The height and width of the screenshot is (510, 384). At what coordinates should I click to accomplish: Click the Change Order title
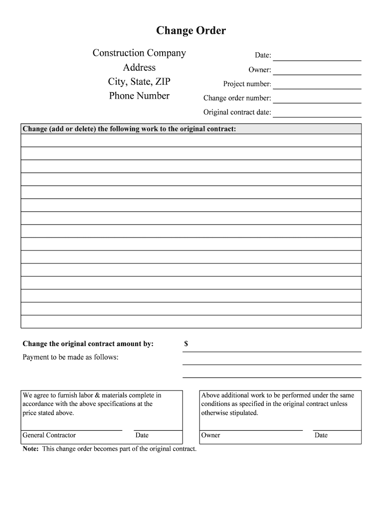(x=191, y=31)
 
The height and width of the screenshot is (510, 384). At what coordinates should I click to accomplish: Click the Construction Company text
(x=139, y=53)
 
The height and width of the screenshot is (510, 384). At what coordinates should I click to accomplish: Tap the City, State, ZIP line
(x=139, y=82)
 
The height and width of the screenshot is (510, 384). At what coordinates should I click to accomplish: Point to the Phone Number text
(x=139, y=96)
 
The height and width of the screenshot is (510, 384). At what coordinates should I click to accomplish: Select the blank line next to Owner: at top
(x=317, y=71)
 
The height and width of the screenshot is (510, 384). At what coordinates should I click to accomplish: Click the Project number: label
(x=247, y=84)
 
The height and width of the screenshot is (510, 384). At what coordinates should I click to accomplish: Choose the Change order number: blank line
(x=317, y=99)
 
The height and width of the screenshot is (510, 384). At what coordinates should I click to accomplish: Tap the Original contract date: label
(x=237, y=113)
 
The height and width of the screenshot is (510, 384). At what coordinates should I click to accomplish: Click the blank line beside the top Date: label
(x=317, y=56)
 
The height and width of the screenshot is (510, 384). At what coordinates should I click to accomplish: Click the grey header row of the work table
(x=191, y=129)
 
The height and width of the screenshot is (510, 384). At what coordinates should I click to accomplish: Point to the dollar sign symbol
(x=186, y=344)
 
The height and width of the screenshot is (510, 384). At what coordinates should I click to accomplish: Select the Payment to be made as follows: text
(x=70, y=357)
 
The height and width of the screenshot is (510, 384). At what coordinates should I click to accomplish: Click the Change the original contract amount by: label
(x=88, y=344)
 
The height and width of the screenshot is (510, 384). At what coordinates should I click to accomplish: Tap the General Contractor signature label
(x=49, y=435)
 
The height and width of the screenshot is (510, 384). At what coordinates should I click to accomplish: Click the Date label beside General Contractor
(x=142, y=435)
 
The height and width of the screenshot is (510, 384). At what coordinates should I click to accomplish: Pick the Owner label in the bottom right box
(x=210, y=435)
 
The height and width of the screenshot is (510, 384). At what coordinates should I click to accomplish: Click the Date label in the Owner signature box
(x=321, y=435)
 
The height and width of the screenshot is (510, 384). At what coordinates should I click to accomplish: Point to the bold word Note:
(x=31, y=449)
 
